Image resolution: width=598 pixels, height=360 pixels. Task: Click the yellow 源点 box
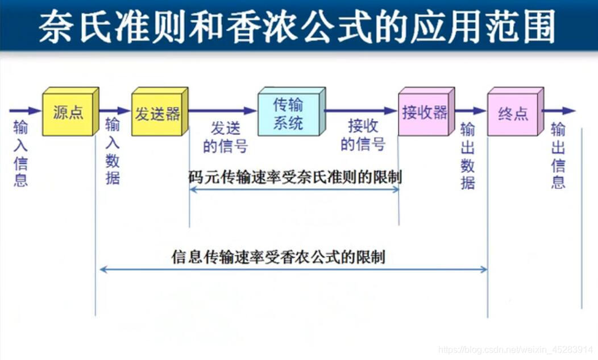(x=68, y=113)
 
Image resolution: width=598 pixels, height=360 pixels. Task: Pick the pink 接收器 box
(x=424, y=113)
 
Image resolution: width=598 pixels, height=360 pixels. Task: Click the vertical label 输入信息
(x=20, y=154)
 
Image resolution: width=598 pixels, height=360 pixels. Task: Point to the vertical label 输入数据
(x=113, y=151)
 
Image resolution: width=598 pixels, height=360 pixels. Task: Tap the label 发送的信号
(x=225, y=137)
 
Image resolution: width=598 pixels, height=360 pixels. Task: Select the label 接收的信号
(x=363, y=135)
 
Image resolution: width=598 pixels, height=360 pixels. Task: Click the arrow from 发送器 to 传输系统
(x=223, y=111)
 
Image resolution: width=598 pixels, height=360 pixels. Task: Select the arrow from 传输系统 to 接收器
(x=361, y=111)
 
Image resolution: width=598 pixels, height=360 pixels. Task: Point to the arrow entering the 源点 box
(x=25, y=110)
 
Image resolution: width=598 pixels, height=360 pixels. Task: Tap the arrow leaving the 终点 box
(x=559, y=111)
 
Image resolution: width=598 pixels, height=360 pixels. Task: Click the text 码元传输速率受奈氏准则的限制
(x=295, y=177)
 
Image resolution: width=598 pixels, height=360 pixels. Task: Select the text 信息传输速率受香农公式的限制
(x=279, y=256)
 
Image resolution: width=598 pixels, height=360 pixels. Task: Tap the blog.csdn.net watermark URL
(x=517, y=349)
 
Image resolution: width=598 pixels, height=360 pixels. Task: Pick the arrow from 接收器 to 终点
(x=470, y=111)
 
